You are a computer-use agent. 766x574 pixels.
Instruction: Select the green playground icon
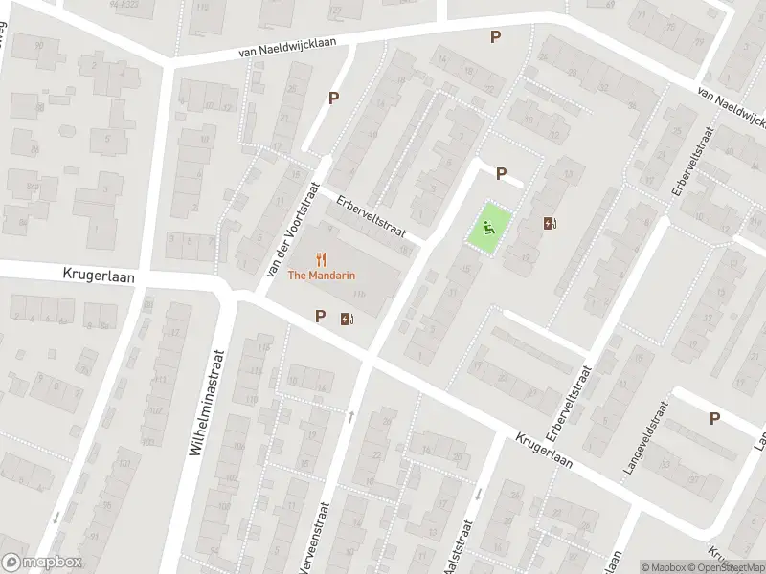coord(488,229)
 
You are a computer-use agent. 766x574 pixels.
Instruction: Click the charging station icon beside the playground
coord(550,224)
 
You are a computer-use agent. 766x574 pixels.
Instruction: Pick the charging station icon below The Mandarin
coord(347,319)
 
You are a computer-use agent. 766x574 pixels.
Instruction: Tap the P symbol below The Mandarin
coord(320,316)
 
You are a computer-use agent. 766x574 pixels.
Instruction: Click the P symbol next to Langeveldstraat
coord(714,418)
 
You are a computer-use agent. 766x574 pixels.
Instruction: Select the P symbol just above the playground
coord(500,173)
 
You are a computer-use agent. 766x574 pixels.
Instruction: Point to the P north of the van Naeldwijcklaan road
coord(495,37)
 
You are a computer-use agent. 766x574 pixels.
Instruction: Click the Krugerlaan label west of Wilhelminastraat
coord(100,276)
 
